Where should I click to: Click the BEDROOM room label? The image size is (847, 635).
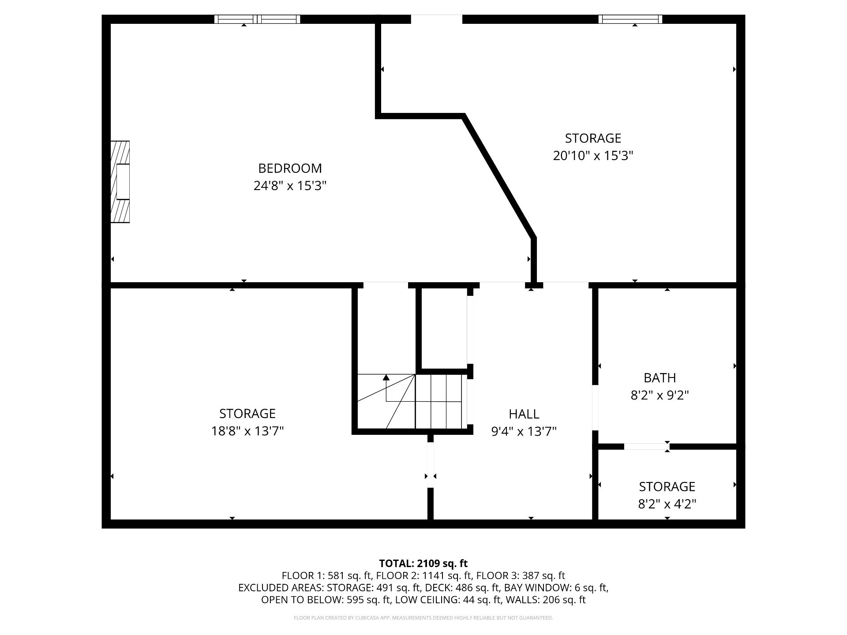click(x=290, y=168)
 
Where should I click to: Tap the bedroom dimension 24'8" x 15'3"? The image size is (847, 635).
click(x=290, y=186)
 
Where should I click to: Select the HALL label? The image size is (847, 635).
click(x=524, y=414)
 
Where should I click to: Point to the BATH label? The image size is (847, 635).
click(x=660, y=378)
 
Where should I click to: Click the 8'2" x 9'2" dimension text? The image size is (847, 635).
click(x=660, y=395)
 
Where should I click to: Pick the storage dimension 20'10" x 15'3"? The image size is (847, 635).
click(x=593, y=156)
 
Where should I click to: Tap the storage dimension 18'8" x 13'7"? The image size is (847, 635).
click(x=247, y=431)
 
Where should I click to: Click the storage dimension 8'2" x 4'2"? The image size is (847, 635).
click(x=667, y=504)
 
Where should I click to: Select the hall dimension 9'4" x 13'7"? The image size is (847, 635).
click(x=524, y=431)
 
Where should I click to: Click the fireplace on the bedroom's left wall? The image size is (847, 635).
click(x=120, y=182)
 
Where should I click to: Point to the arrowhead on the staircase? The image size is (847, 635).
click(x=386, y=377)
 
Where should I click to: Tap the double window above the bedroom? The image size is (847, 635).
click(x=257, y=19)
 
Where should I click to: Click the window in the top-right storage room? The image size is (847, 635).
click(x=630, y=19)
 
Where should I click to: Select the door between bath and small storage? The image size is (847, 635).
click(x=646, y=447)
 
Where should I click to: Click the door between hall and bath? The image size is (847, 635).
click(x=595, y=407)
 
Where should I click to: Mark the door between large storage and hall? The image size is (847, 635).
click(x=431, y=465)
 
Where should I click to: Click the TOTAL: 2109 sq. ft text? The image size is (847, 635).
click(x=423, y=563)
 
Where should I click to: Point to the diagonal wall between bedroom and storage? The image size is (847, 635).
click(x=499, y=176)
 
